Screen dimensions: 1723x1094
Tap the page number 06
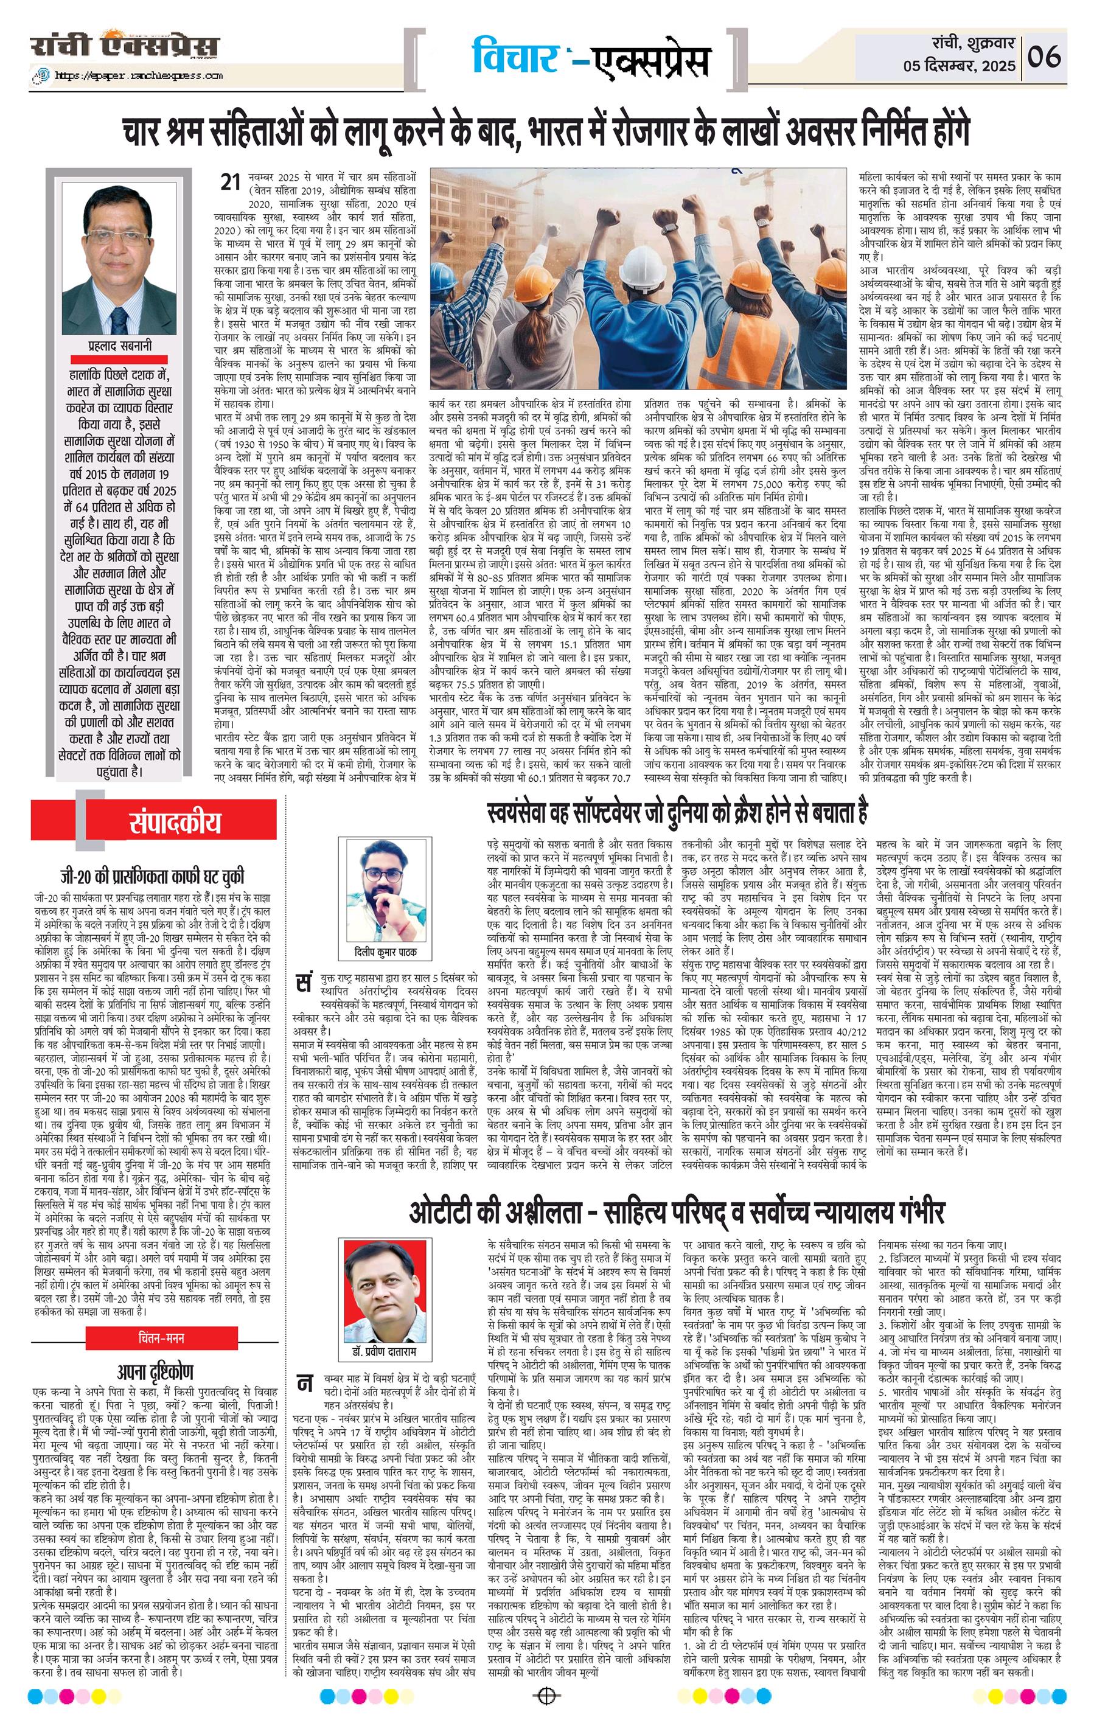click(x=1045, y=57)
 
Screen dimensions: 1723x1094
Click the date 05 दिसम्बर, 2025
click(x=959, y=66)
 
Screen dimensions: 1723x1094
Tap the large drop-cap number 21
click(x=229, y=183)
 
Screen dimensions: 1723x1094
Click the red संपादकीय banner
click(x=175, y=823)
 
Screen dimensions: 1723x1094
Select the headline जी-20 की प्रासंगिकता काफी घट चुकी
click(x=152, y=876)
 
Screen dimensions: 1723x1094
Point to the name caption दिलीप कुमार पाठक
click(x=385, y=952)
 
